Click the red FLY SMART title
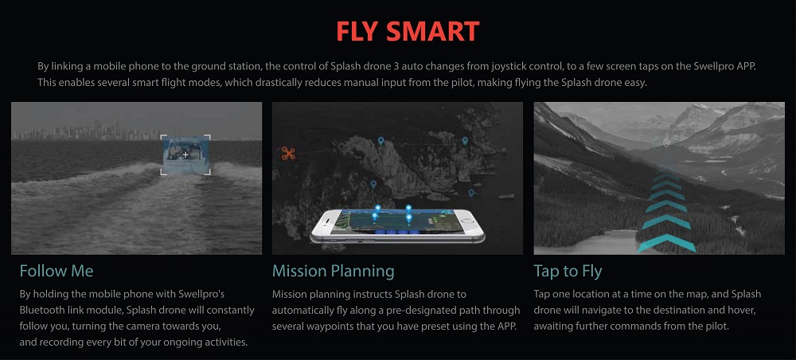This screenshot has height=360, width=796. [x=408, y=32]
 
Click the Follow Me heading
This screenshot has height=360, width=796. [x=57, y=271]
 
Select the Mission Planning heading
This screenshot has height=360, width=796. [x=333, y=271]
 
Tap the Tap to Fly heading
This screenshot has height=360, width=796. [x=568, y=271]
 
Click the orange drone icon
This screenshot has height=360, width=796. [x=288, y=153]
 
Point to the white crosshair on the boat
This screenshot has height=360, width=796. [x=185, y=155]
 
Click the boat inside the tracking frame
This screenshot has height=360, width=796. [x=185, y=155]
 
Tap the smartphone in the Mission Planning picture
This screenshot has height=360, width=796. [x=397, y=225]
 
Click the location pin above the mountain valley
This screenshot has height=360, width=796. [x=666, y=143]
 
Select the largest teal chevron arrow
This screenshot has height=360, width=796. [x=666, y=243]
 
